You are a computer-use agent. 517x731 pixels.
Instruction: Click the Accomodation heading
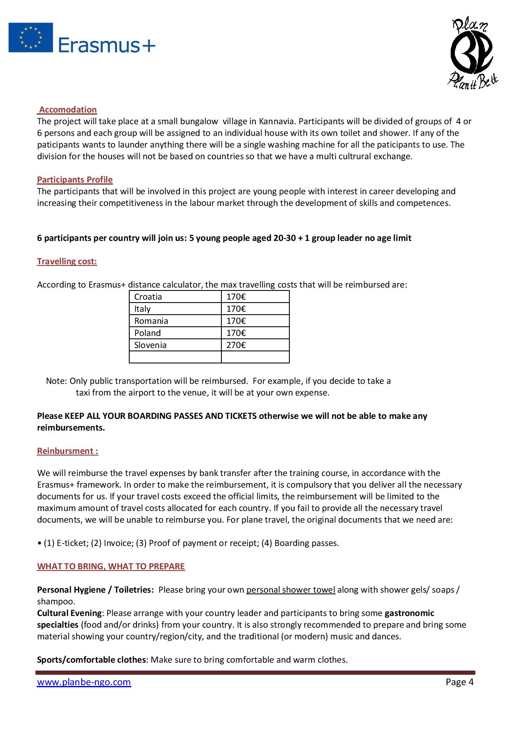[68, 110]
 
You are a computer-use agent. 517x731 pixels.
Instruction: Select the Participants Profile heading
[75, 180]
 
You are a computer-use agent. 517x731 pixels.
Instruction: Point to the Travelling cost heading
[67, 261]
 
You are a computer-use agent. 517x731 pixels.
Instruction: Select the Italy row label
[143, 309]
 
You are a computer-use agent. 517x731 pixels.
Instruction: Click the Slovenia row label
[151, 345]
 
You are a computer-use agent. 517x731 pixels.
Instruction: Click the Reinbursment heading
[68, 451]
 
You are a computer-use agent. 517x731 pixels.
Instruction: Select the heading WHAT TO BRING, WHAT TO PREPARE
[111, 566]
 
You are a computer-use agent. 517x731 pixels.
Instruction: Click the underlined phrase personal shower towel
[291, 590]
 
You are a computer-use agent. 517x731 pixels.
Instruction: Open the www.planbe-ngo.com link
[84, 682]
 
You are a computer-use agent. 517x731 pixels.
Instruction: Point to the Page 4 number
[459, 682]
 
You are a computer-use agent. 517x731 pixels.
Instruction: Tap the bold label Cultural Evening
[69, 613]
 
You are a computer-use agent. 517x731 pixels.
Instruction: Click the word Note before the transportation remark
[56, 381]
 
